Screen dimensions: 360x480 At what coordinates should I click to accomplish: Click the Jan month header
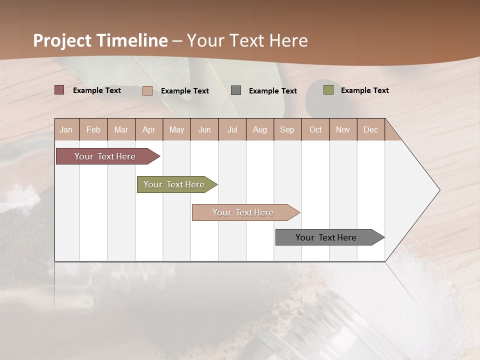click(66, 129)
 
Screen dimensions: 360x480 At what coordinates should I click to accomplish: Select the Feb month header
click(93, 129)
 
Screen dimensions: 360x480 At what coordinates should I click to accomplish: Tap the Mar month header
click(121, 129)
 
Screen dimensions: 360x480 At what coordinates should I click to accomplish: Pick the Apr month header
click(149, 129)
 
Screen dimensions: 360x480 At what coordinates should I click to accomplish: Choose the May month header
click(176, 129)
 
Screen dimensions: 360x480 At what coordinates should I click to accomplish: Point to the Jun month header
click(204, 129)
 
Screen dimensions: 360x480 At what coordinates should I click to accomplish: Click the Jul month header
click(232, 129)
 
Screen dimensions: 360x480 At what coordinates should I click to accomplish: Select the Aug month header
click(260, 129)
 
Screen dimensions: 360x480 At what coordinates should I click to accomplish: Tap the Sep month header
click(287, 129)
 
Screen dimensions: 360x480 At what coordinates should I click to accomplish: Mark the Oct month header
click(315, 129)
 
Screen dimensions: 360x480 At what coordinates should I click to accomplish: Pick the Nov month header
click(343, 129)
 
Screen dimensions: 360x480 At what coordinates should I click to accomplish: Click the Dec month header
click(371, 129)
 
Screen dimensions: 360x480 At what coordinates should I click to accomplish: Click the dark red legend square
click(59, 90)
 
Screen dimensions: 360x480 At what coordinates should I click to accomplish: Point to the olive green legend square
click(328, 90)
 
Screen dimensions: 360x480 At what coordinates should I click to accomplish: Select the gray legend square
click(236, 90)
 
